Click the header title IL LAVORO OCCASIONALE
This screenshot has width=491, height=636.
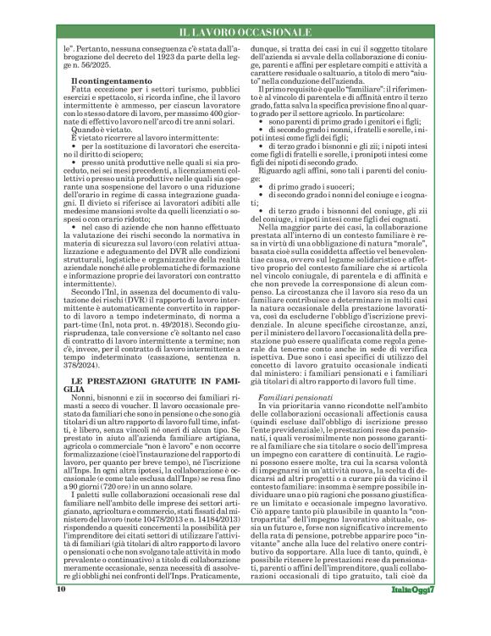[x=245, y=32]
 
